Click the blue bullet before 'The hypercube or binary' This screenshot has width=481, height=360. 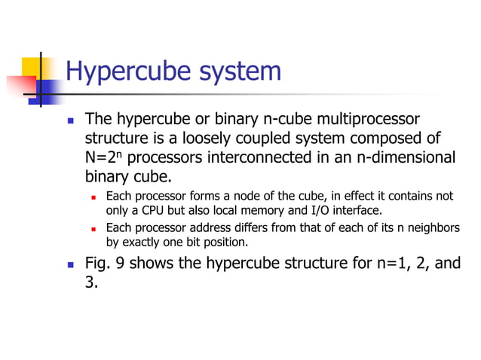coord(71,121)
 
